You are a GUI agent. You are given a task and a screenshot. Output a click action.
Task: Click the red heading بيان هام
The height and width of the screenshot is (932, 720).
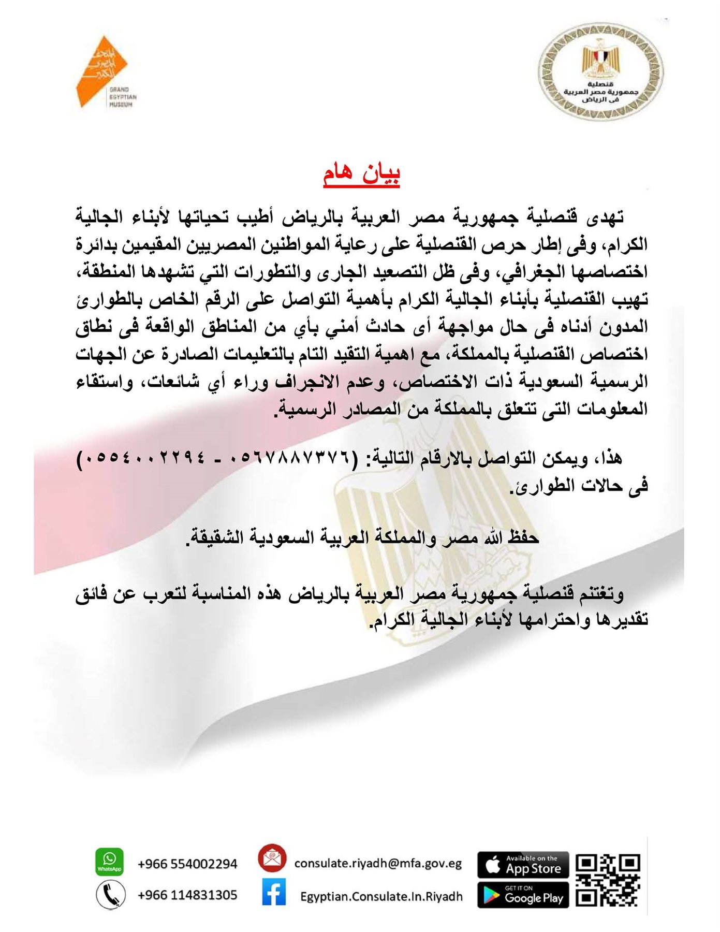click(361, 174)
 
